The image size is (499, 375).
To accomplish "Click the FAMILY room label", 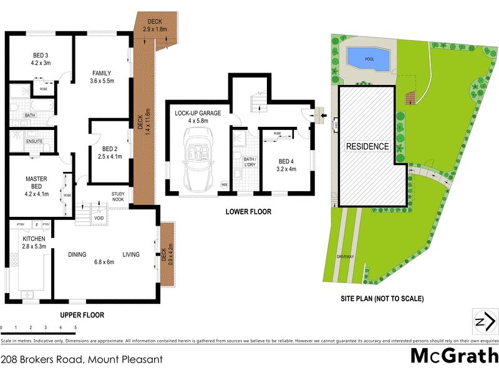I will (101, 77).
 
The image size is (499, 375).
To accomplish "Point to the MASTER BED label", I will (36, 182).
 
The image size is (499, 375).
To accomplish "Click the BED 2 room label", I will (110, 153).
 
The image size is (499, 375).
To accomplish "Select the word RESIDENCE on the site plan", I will (367, 147).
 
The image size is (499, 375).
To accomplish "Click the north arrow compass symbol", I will (485, 322).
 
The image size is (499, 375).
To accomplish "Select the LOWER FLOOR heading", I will (248, 212).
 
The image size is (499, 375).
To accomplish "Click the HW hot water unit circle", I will (225, 184).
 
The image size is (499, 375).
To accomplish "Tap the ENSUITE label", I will (34, 141).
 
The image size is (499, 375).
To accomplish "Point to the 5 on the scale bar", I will (75, 327).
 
